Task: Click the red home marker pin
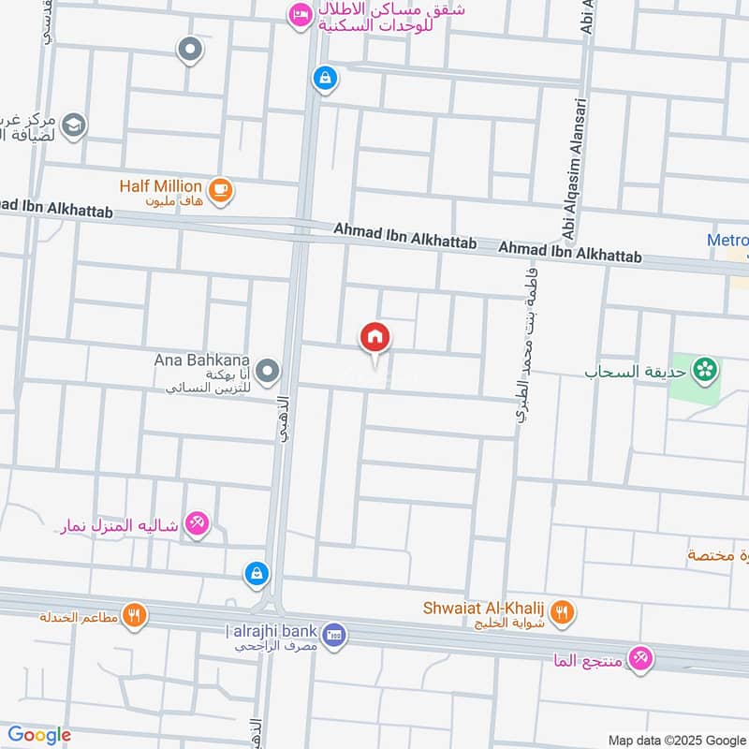tap(375, 337)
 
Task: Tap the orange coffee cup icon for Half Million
tap(221, 190)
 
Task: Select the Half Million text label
tap(161, 185)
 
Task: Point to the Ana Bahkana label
tap(204, 360)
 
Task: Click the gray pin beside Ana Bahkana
tap(269, 372)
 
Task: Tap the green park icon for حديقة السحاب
tap(707, 370)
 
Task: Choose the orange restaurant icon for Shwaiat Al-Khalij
tap(562, 613)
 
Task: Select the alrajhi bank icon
tap(339, 635)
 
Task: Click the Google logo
tap(38, 735)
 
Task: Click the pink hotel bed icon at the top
tap(301, 15)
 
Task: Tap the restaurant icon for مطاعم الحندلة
tap(135, 615)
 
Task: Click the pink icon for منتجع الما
tap(640, 657)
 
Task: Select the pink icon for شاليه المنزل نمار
tap(197, 521)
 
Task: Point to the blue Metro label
tap(727, 241)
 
